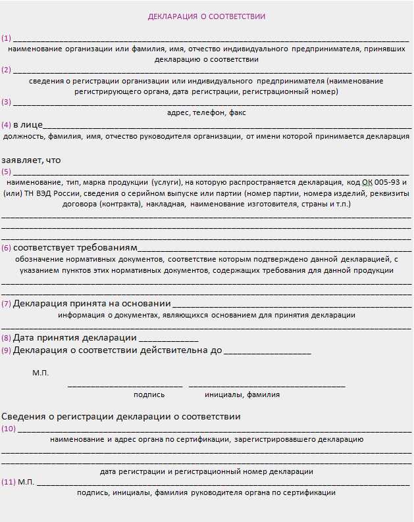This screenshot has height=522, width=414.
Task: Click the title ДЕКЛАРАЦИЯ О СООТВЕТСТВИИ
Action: [207, 16]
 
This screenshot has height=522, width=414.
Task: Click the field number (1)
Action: [7, 38]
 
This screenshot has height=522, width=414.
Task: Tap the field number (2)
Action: [7, 70]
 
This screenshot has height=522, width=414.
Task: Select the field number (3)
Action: [7, 102]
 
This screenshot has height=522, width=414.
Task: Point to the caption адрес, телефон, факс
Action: [207, 113]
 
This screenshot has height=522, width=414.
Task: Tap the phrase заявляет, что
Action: [31, 160]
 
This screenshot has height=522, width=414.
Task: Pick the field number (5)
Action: [7, 171]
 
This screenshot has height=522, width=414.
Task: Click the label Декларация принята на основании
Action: [91, 304]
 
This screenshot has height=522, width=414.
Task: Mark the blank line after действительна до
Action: [267, 350]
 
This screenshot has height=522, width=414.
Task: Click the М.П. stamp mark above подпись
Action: [40, 373]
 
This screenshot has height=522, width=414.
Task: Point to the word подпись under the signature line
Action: [149, 395]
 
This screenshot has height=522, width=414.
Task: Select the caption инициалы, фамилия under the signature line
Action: [242, 395]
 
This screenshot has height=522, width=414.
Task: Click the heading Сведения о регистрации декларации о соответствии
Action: [121, 417]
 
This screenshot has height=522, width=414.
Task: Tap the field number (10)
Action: [9, 429]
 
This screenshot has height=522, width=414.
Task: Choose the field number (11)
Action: [9, 482]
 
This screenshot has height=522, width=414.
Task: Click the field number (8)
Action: [7, 338]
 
